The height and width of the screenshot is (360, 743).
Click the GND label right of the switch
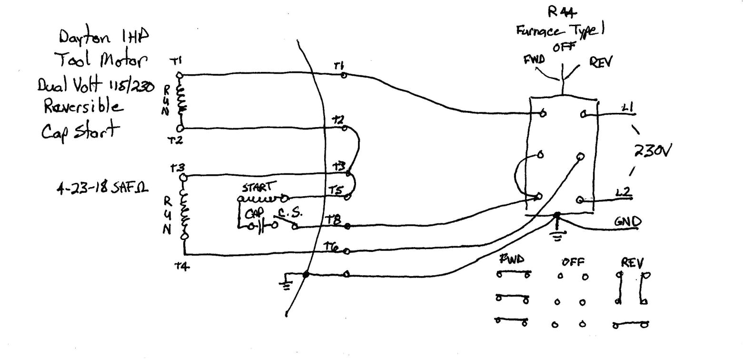pyautogui.click(x=627, y=222)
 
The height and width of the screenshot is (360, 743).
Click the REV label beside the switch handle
pyautogui.click(x=601, y=62)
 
